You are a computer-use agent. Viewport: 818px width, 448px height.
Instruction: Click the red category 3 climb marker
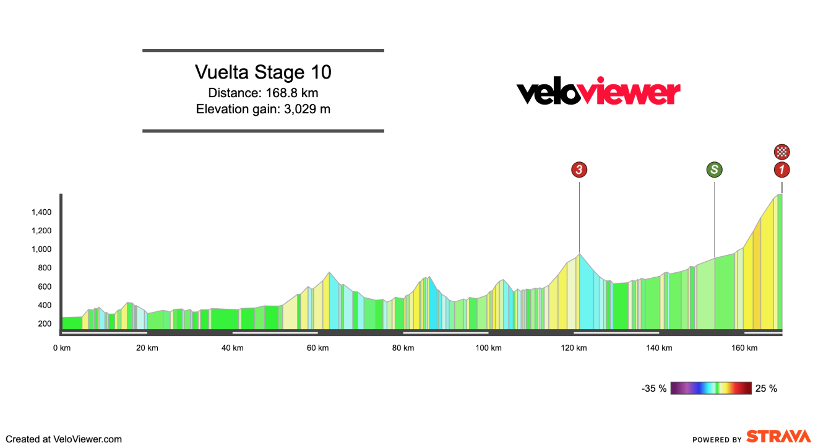click(579, 170)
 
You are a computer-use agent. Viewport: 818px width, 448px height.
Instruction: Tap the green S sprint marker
click(715, 170)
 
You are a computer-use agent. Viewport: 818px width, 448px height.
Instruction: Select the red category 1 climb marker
click(782, 170)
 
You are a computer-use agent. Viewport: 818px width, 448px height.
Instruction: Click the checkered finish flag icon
click(782, 152)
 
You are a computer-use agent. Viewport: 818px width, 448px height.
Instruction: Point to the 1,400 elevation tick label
click(41, 212)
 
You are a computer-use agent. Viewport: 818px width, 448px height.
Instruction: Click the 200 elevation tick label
click(44, 324)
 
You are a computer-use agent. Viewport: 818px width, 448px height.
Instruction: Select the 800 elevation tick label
click(44, 268)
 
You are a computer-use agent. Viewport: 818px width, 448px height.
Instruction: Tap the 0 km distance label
click(62, 348)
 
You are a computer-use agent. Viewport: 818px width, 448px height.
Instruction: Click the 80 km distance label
click(403, 348)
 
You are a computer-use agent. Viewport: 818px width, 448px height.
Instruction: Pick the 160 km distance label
click(744, 348)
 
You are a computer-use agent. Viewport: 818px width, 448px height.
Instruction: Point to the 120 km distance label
click(574, 348)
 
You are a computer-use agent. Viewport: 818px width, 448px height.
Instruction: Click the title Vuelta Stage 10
click(263, 72)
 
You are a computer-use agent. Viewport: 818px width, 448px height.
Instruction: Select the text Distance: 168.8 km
click(263, 93)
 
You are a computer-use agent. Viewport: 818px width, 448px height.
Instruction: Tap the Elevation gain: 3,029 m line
click(263, 110)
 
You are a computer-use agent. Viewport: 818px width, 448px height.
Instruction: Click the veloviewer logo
click(598, 93)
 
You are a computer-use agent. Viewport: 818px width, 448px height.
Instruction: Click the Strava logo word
click(778, 436)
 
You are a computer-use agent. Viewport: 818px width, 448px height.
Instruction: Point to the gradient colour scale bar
click(711, 389)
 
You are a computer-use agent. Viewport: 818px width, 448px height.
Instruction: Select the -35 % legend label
click(654, 389)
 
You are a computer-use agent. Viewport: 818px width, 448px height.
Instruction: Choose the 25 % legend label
click(766, 389)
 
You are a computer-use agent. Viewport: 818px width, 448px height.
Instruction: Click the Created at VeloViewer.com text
click(64, 439)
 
